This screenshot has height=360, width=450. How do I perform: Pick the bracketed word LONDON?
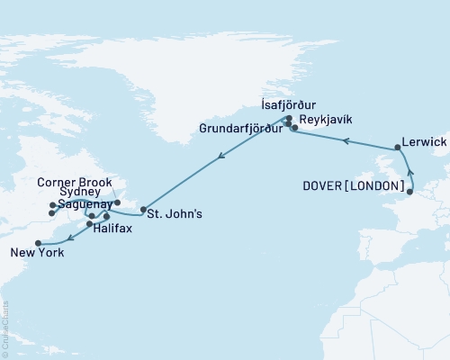pyautogui.click(x=382, y=190)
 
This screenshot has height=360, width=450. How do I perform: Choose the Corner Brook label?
pyautogui.click(x=75, y=181)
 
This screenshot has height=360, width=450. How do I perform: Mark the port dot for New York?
pyautogui.click(x=38, y=243)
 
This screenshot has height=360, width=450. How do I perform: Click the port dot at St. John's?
pyautogui.click(x=143, y=211)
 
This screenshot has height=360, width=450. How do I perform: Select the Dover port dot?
pyautogui.click(x=410, y=191)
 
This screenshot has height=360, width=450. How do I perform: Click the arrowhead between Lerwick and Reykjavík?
pyautogui.click(x=343, y=139)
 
